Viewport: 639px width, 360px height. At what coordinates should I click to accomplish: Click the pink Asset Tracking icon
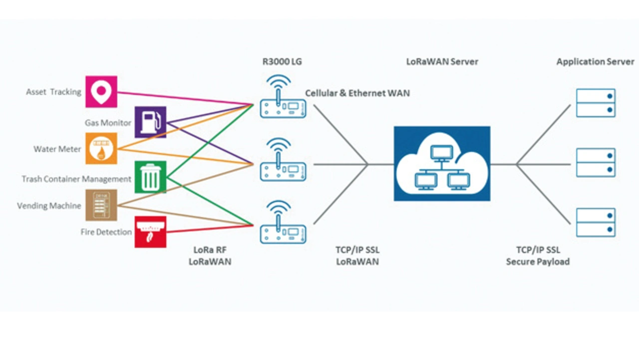(x=101, y=91)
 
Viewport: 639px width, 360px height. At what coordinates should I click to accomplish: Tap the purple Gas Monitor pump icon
(x=150, y=122)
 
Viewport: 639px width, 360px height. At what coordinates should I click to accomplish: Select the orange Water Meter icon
(x=101, y=148)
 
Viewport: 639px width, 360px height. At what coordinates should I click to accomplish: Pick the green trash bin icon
(x=150, y=177)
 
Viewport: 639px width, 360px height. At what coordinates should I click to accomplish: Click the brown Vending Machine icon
(x=101, y=205)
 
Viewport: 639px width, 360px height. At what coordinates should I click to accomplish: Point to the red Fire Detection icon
(x=150, y=232)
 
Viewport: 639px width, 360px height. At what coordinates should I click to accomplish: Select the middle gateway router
(x=283, y=167)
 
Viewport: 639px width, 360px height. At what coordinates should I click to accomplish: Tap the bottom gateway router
(x=283, y=230)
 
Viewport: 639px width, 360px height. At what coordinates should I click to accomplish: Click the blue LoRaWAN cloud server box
(x=442, y=164)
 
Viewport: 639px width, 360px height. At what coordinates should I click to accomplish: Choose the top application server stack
(x=596, y=103)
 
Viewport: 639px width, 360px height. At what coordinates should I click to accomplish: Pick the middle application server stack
(x=596, y=162)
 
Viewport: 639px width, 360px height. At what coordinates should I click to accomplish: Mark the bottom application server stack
(x=596, y=222)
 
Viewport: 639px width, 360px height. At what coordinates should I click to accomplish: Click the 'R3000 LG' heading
(x=282, y=62)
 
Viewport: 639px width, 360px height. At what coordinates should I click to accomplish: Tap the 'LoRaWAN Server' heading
(x=442, y=62)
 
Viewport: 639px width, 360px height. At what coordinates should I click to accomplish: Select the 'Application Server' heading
(x=595, y=62)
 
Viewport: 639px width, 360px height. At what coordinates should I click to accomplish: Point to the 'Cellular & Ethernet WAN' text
(x=357, y=93)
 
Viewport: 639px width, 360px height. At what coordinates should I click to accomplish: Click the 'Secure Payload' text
(x=538, y=262)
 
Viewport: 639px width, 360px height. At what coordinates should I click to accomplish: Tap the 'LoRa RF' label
(x=210, y=250)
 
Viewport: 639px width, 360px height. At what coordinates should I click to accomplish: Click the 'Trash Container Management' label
(x=76, y=179)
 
